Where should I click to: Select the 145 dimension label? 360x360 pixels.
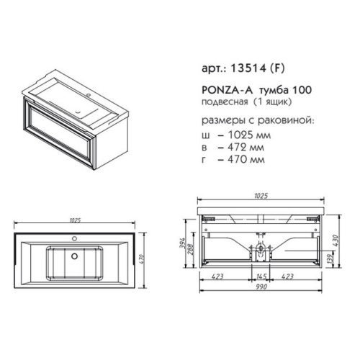coord(260,275)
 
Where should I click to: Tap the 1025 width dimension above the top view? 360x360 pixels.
coord(74,220)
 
